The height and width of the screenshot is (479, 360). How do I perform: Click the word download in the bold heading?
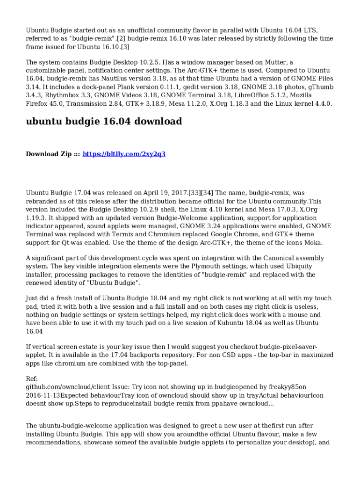[x=158, y=122]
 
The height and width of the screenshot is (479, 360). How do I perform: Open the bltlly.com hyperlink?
[x=124, y=154]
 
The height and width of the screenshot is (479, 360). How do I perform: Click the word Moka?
[x=312, y=243]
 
